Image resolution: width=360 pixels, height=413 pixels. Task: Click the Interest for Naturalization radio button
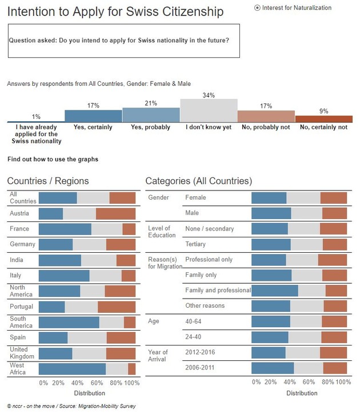(257, 7)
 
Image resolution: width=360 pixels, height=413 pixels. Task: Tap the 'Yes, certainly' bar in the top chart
(93, 116)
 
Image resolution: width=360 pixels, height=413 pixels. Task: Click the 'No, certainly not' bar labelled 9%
(324, 118)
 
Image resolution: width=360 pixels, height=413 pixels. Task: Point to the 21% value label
(151, 102)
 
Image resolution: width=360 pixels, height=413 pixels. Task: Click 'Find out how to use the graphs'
(53, 159)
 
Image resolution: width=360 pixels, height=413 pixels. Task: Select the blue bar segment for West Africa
(72, 368)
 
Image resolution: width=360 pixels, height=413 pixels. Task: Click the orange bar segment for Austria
(115, 213)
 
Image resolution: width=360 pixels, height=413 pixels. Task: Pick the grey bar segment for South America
(111, 322)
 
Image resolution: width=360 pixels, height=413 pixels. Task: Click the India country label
(17, 260)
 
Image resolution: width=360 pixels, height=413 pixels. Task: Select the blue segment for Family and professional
(275, 290)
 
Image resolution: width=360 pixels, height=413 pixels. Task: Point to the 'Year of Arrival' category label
(158, 355)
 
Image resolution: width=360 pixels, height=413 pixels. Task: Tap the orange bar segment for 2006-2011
(335, 367)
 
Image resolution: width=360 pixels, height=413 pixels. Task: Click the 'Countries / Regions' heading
(48, 181)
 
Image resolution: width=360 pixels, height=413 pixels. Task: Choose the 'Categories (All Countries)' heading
(198, 181)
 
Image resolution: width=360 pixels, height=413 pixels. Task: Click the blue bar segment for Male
(271, 213)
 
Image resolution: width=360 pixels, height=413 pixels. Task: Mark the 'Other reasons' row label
(205, 305)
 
